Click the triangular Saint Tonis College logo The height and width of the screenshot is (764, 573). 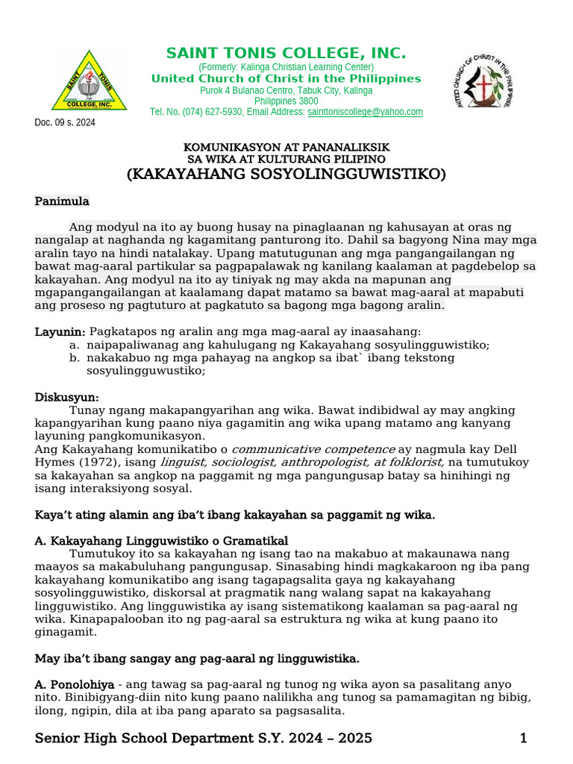[89, 82]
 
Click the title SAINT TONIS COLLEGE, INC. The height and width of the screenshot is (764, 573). [286, 54]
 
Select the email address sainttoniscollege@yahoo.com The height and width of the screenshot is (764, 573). [365, 112]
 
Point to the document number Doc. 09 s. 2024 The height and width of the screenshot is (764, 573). [65, 123]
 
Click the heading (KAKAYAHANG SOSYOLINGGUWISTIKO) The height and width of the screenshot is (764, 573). [286, 175]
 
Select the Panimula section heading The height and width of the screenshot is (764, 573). [62, 201]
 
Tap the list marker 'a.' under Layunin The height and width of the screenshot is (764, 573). [73, 345]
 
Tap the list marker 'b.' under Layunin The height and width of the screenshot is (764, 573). [73, 357]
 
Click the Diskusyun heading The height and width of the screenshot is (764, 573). [66, 398]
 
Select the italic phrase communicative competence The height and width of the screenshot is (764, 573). [313, 449]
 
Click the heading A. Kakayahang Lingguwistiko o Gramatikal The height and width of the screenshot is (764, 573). [162, 540]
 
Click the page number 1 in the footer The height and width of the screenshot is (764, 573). [524, 739]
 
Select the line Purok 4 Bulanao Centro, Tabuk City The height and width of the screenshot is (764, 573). [286, 90]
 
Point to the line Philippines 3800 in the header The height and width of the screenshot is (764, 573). [286, 101]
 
